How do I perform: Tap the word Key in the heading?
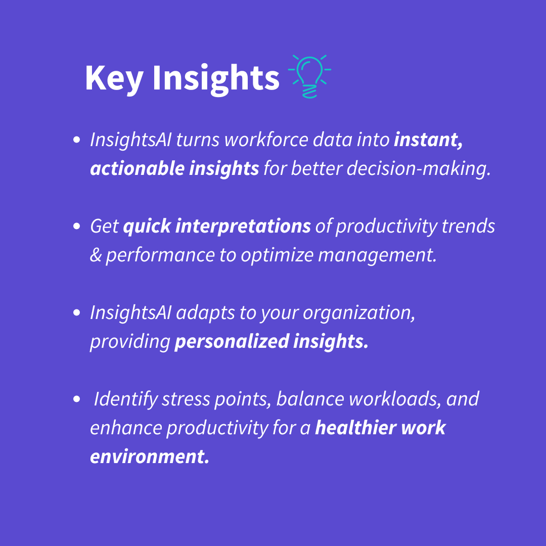coord(114,78)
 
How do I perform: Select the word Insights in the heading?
coord(216,78)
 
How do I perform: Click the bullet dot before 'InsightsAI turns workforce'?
coord(77,140)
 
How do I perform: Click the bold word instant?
coord(428,140)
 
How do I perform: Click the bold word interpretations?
coord(243,226)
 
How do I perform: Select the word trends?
coord(468,226)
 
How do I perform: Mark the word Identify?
coord(126,399)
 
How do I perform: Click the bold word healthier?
coord(355,428)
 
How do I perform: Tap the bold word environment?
coord(149,457)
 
